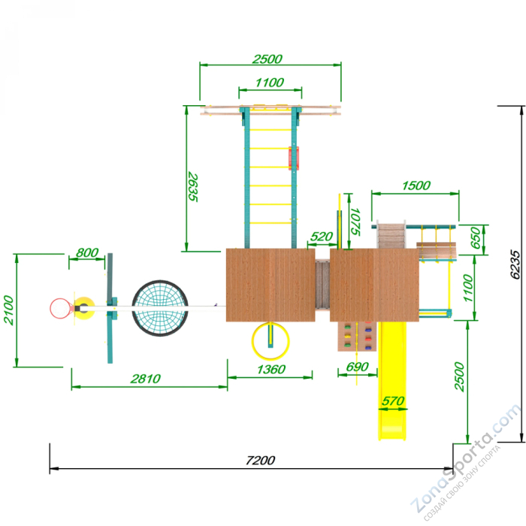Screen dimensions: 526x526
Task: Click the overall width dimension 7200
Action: pyautogui.click(x=260, y=460)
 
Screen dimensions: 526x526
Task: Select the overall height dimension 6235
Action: pyautogui.click(x=515, y=264)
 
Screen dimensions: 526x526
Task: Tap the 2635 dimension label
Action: pyautogui.click(x=193, y=187)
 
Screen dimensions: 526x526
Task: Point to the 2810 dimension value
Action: pyautogui.click(x=146, y=379)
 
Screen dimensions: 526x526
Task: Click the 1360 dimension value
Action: pyautogui.click(x=271, y=370)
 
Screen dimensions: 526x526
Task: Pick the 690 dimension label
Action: pyautogui.click(x=357, y=367)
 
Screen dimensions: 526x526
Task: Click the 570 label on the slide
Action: pyautogui.click(x=393, y=401)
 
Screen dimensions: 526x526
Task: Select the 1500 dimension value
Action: pyautogui.click(x=416, y=186)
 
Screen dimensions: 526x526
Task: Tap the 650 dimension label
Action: pyautogui.click(x=476, y=238)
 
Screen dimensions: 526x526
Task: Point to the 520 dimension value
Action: pyautogui.click(x=321, y=237)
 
